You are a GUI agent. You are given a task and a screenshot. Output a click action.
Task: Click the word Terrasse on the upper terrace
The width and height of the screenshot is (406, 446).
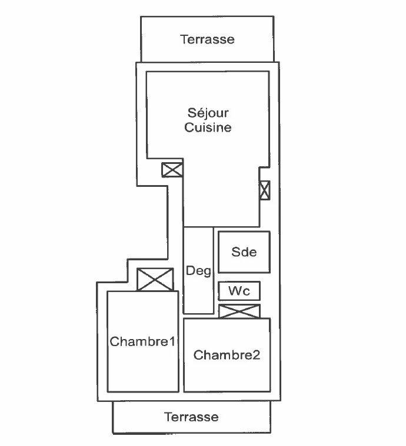[207, 39]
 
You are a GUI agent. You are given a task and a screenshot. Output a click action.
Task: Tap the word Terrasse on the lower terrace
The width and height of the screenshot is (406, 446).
[191, 417]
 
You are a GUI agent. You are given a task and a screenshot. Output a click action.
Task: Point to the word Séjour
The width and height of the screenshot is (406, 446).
[208, 113]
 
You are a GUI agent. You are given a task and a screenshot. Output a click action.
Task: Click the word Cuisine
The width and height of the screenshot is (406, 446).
[208, 127]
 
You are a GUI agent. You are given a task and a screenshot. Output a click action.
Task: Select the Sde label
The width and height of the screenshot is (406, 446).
[244, 252]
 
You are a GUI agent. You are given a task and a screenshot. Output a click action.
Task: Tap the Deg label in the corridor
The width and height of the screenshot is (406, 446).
[198, 271]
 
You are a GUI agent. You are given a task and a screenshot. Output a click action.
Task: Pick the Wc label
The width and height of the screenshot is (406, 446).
[239, 291]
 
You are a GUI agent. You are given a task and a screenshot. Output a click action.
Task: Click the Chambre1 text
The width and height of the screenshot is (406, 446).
[142, 341]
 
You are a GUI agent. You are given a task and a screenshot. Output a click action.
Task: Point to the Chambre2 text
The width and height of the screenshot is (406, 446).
[227, 355]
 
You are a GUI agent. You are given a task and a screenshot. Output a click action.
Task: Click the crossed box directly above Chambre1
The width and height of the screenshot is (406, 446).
[155, 280]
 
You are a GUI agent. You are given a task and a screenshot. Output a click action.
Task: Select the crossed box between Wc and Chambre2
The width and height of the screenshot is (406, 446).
[239, 311]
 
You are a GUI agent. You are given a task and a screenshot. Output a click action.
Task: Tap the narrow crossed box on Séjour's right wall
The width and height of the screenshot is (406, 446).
[264, 190]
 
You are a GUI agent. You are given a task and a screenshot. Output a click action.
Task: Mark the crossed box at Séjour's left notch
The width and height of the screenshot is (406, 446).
[172, 170]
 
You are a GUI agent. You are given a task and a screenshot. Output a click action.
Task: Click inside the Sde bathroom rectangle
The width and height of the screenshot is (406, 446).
[244, 252]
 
